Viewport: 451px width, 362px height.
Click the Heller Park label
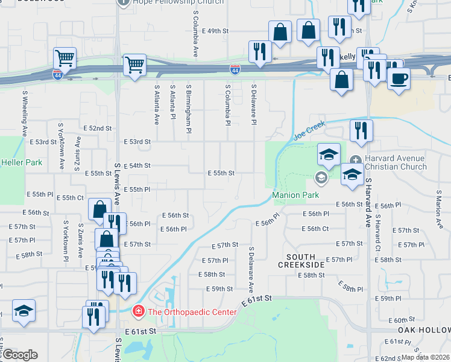point(21,162)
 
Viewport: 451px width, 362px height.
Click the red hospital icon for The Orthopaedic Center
point(139,312)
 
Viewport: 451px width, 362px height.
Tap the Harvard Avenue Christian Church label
point(403,162)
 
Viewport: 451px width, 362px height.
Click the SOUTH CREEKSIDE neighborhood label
point(301,261)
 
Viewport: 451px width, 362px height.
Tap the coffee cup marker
point(397,78)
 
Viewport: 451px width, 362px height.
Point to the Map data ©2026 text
point(425,357)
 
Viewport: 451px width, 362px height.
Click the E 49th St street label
point(216,30)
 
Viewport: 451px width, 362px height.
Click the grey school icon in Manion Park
point(321,177)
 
